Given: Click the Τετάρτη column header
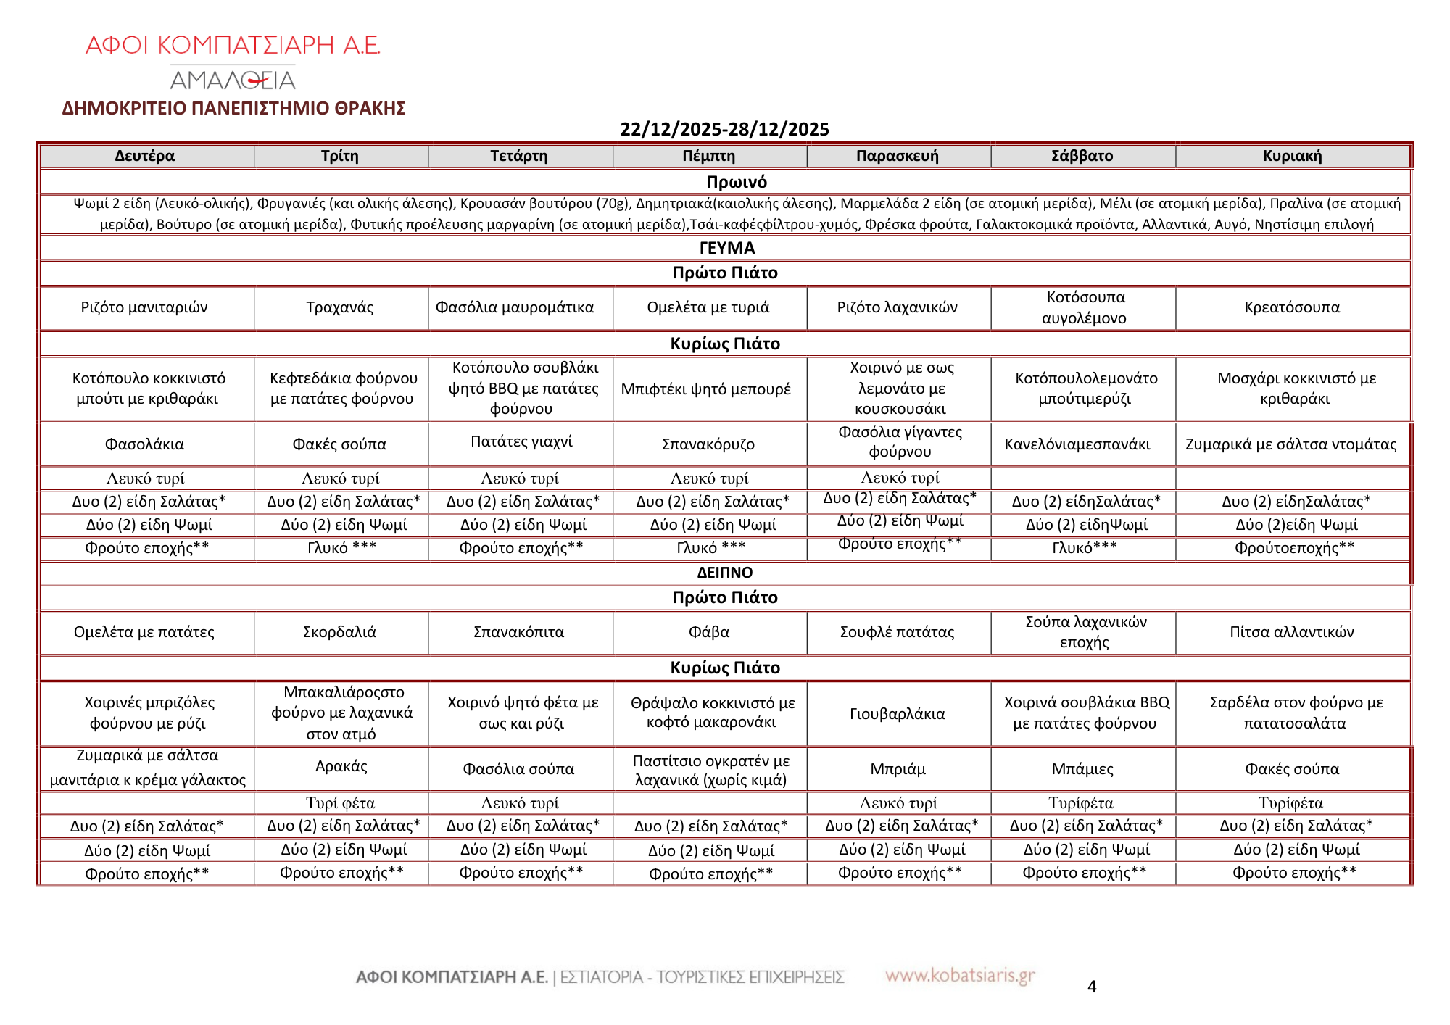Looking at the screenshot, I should [x=519, y=156].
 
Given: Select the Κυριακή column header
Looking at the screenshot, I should [x=1292, y=156].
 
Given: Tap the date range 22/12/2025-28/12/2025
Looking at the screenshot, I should [x=724, y=129].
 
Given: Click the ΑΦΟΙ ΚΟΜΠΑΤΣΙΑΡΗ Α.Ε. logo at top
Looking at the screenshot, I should [x=233, y=46].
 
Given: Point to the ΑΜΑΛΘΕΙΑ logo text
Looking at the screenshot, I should [x=233, y=78].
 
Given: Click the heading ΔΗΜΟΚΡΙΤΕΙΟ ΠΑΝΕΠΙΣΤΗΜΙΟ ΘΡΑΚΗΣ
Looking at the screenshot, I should [x=233, y=108].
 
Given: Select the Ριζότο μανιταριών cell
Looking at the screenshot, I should [x=144, y=307].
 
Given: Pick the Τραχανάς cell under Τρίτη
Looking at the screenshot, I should [x=340, y=307].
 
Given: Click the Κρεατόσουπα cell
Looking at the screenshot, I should [x=1292, y=307].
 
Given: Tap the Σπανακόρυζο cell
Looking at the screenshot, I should [x=708, y=444].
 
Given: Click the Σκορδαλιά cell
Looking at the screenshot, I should [x=340, y=632].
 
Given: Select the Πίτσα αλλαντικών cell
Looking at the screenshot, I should [x=1292, y=632].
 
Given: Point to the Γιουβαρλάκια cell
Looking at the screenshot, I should [x=898, y=714].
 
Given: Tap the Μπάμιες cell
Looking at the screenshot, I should [x=1082, y=769].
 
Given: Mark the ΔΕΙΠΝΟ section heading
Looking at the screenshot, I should [x=725, y=573].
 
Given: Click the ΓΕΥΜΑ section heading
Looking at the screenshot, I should [x=727, y=248].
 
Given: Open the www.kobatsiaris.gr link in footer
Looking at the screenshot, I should [x=960, y=976].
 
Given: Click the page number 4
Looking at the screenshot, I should [x=1092, y=987].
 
